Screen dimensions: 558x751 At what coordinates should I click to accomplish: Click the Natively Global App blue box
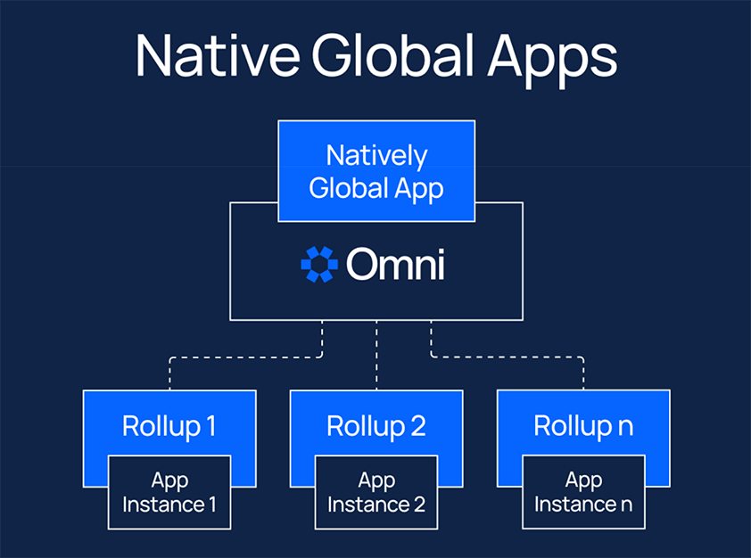tap(376, 170)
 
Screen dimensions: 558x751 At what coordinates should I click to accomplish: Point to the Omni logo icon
tap(319, 265)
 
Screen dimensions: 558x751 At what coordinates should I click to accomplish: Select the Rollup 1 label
tap(169, 425)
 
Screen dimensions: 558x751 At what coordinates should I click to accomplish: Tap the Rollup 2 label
tap(376, 425)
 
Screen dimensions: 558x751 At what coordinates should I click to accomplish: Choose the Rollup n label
tap(583, 425)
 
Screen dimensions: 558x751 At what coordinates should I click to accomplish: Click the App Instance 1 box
tap(169, 492)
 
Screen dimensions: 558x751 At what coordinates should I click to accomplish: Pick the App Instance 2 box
tap(376, 492)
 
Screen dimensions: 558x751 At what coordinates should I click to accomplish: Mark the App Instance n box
tap(583, 492)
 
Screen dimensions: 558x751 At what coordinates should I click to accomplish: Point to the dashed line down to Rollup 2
tap(376, 357)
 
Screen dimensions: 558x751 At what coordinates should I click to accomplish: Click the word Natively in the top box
tap(376, 155)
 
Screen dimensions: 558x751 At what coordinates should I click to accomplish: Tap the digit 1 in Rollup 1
tap(210, 425)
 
